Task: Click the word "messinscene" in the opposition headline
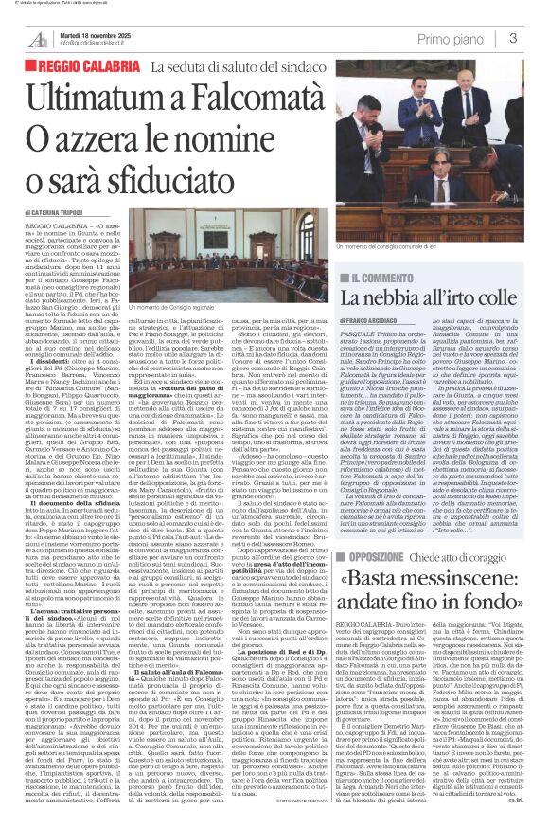click(452, 551)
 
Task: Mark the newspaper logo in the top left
click(38, 38)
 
